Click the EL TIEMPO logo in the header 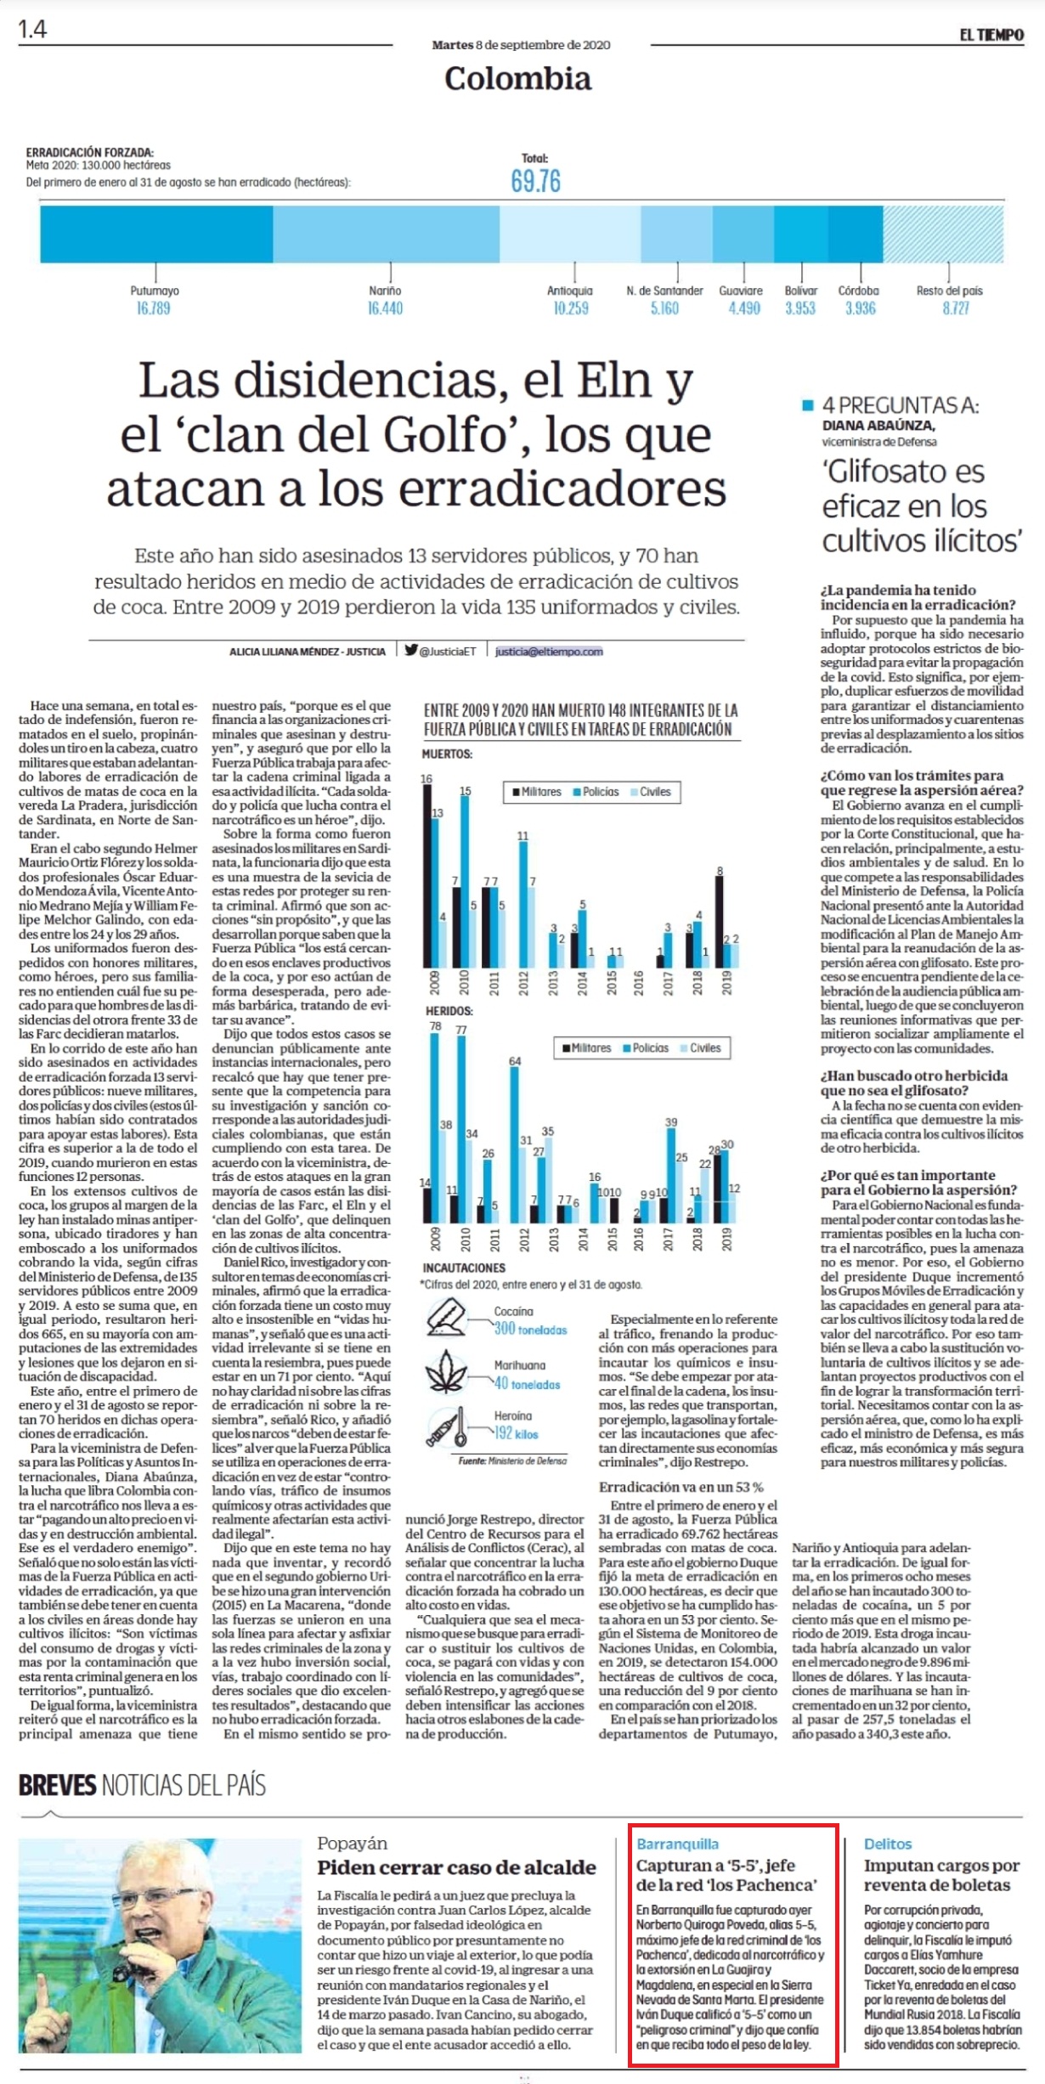coord(991,35)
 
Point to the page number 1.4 coord(33,30)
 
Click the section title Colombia coord(517,78)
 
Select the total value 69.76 coord(535,181)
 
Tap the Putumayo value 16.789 coord(154,308)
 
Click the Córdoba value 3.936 coord(860,308)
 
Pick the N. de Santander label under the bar coord(664,291)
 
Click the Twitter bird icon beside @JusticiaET coord(411,651)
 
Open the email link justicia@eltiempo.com coord(549,652)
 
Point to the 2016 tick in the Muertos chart coord(639,983)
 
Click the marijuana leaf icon coord(446,1374)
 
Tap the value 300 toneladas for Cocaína coord(530,1329)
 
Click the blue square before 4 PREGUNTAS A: coord(808,405)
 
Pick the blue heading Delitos coord(888,1844)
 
